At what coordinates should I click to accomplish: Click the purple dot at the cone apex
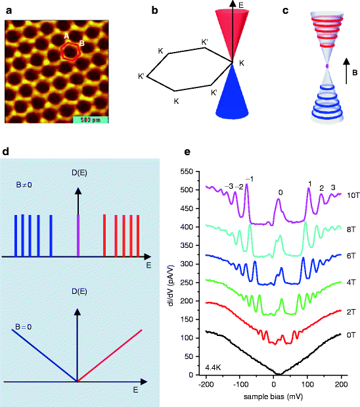coord(326,66)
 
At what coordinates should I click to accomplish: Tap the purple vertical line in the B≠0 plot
coord(78,235)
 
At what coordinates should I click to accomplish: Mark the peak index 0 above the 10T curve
coord(281,193)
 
